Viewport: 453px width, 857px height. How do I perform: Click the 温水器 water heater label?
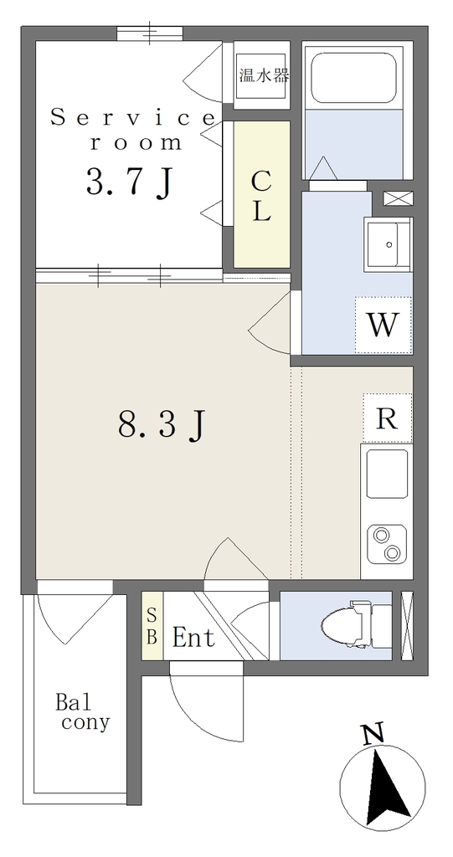pos(264,74)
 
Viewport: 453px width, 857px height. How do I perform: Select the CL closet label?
pos(262,196)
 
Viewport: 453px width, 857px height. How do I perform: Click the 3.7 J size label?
pos(130,182)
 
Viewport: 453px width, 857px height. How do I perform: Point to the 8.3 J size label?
pos(162,423)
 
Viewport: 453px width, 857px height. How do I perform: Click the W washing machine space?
pos(383,325)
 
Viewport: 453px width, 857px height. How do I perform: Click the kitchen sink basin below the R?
pos(387,474)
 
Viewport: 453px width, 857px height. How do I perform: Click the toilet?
pos(356,625)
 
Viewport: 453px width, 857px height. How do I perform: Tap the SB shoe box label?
pos(152,625)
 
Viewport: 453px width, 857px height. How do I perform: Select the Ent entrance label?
pos(193,637)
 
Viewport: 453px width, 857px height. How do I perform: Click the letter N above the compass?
pos(374,733)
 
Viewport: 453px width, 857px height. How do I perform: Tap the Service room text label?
pos(132,130)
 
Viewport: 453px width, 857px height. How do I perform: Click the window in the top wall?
pos(150,33)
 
